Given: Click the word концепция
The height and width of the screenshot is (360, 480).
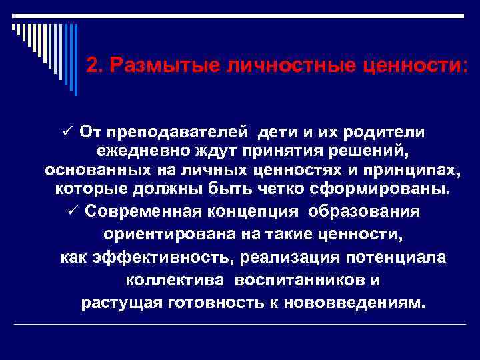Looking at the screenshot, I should (x=252, y=211).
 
